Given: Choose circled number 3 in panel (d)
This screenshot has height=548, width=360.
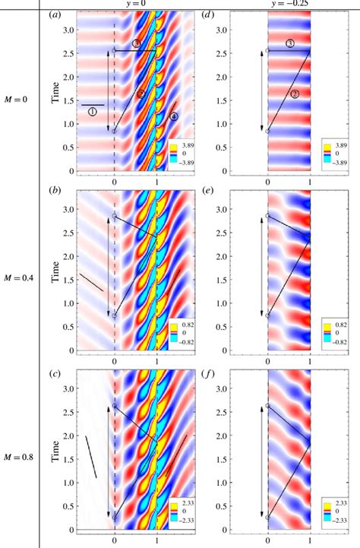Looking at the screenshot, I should point(290,45).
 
